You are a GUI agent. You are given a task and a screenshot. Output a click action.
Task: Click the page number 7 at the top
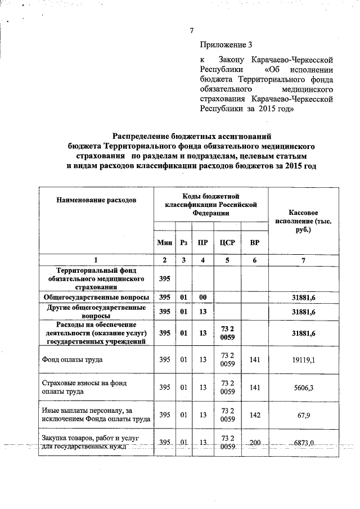(191, 30)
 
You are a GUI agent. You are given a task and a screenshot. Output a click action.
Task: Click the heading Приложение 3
(223, 44)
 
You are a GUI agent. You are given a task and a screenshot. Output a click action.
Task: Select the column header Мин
(164, 242)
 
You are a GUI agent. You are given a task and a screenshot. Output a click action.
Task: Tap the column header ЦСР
(228, 242)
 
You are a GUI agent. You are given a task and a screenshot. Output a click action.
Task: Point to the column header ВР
(255, 242)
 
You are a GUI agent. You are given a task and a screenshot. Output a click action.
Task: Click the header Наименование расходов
(96, 200)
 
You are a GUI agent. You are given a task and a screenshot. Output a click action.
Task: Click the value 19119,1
(304, 359)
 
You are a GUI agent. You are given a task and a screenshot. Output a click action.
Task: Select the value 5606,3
(304, 388)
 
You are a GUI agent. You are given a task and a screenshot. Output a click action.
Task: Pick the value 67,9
(304, 415)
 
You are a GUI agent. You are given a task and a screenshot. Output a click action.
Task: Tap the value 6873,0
(304, 443)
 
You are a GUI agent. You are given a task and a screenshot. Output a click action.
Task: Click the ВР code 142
(255, 415)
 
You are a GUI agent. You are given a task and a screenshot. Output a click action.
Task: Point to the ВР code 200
(255, 443)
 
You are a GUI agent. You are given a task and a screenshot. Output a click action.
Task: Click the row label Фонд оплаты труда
(70, 359)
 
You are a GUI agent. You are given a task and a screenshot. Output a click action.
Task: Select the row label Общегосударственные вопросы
(96, 297)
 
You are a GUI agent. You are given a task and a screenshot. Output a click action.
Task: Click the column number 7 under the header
(304, 260)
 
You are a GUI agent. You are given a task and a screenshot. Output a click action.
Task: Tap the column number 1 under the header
(96, 260)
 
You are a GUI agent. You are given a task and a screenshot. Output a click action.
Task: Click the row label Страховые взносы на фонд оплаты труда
(84, 387)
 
